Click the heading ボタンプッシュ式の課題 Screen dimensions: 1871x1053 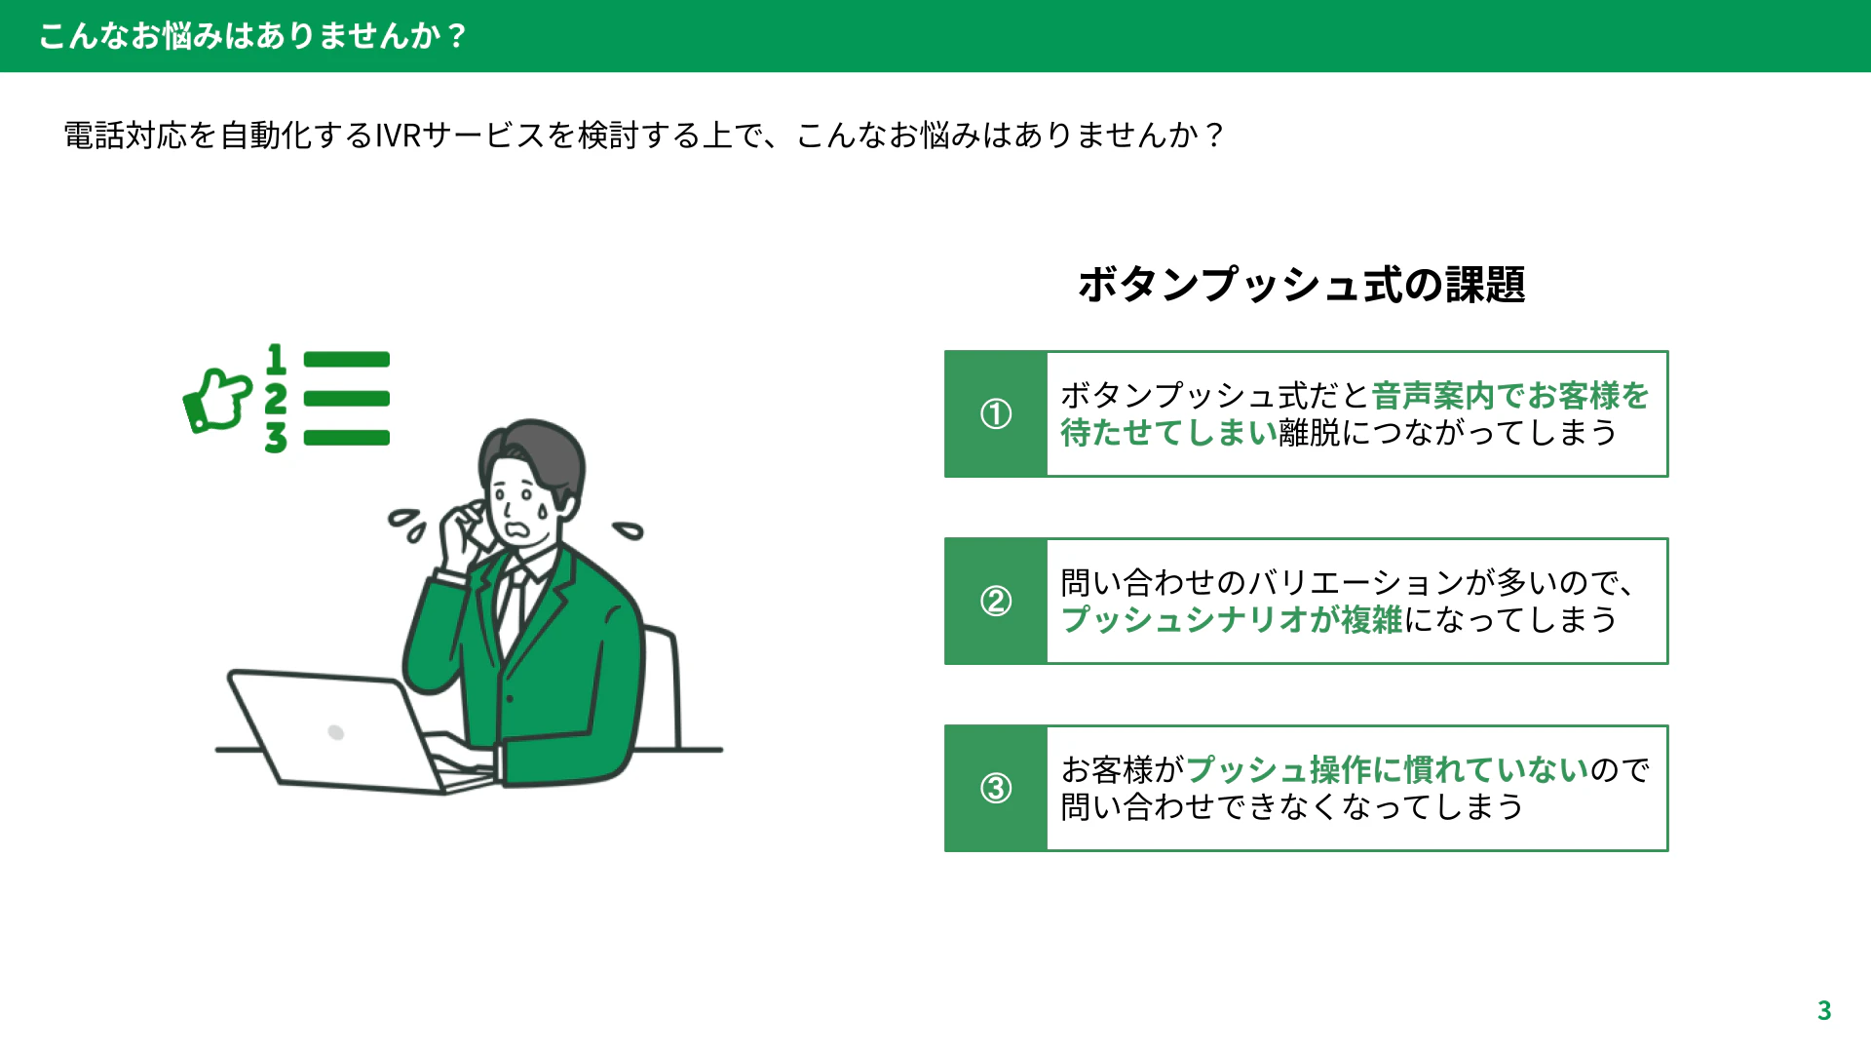tap(1301, 285)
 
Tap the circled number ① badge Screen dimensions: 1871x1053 tap(995, 413)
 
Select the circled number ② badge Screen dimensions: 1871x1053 tap(995, 601)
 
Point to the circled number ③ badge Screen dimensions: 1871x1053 tap(995, 788)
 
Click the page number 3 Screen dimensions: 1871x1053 tap(1824, 1010)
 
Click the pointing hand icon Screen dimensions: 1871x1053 tap(217, 400)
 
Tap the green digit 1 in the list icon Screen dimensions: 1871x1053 tap(277, 359)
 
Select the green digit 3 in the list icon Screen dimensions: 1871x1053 tap(276, 437)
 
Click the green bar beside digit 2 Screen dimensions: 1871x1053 tap(347, 398)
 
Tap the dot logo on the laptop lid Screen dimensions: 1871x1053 tap(336, 732)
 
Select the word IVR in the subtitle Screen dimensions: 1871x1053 tap(398, 135)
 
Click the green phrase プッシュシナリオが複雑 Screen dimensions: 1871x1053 tap(1232, 619)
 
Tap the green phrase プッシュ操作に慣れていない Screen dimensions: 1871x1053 tap(1388, 769)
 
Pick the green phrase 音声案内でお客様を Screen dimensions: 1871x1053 tap(1510, 395)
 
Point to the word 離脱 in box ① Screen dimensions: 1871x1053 tap(1310, 432)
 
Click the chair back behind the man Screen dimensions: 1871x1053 tap(663, 682)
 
